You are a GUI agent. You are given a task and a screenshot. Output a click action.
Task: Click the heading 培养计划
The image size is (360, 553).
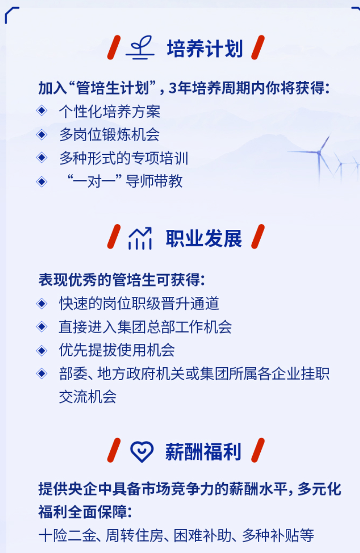click(x=205, y=48)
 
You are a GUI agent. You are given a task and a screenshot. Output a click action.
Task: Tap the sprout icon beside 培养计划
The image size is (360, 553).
click(x=140, y=48)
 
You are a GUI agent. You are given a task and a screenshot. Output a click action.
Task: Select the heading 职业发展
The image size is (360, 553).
click(x=204, y=238)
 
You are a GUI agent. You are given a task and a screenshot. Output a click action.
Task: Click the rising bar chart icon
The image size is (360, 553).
click(x=140, y=238)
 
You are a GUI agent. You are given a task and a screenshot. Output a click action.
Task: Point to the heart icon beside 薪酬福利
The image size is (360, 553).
click(x=142, y=451)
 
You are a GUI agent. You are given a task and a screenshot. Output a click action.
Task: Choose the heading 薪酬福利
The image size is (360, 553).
click(x=203, y=452)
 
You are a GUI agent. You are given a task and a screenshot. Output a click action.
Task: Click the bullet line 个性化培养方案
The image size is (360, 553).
click(x=110, y=112)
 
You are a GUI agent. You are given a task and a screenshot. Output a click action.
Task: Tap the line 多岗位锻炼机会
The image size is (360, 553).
click(x=109, y=135)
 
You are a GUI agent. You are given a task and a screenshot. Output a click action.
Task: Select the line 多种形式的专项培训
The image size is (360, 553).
click(x=124, y=158)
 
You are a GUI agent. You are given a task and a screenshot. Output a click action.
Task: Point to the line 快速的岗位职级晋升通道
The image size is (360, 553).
click(x=139, y=303)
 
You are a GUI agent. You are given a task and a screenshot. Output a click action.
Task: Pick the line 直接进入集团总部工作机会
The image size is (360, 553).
click(x=145, y=326)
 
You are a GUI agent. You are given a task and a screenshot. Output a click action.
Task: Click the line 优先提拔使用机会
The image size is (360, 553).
click(x=117, y=350)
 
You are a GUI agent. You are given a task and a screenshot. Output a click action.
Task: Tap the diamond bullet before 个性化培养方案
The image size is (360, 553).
click(x=42, y=111)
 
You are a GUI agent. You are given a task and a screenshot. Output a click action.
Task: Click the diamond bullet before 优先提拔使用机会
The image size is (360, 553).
click(x=42, y=350)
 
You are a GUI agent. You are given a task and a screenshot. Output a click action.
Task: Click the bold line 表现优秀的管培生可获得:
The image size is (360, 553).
click(x=122, y=280)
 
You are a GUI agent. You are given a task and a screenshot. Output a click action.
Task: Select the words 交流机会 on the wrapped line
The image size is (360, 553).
click(x=87, y=396)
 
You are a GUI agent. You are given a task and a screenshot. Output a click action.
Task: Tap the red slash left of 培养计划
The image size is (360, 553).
click(x=114, y=47)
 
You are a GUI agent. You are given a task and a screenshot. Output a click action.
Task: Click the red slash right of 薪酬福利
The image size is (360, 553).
click(x=258, y=450)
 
